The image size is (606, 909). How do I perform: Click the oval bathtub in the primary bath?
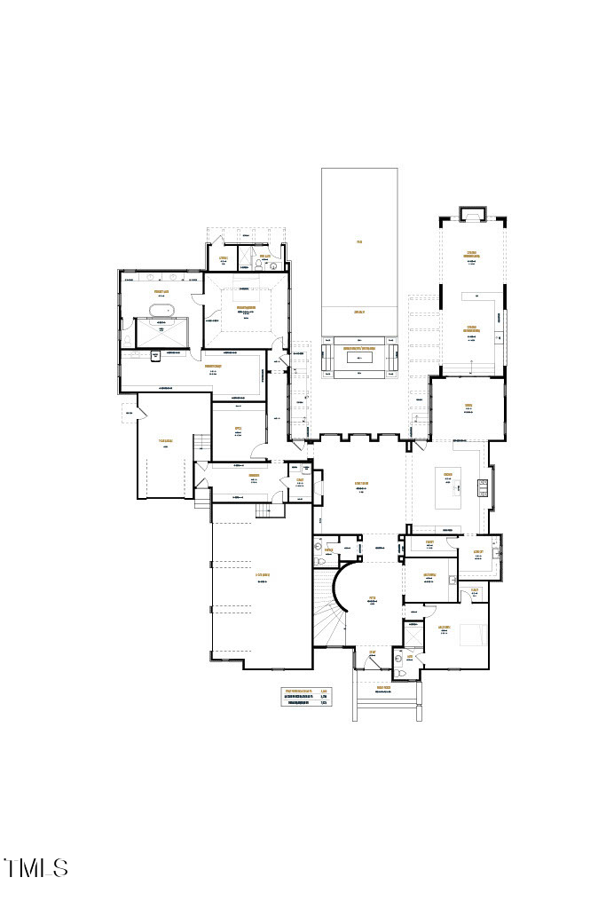(161, 309)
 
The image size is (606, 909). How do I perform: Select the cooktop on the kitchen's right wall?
(483, 486)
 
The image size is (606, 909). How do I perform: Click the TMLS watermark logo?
(36, 867)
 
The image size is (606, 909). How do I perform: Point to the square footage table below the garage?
(306, 696)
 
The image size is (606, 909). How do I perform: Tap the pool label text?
(359, 241)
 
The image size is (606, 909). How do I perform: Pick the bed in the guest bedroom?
(471, 635)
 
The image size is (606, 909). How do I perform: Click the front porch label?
(383, 688)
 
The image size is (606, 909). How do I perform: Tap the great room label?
(361, 484)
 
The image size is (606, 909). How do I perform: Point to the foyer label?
(374, 600)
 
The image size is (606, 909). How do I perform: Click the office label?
(238, 430)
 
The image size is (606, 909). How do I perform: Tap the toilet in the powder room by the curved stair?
(319, 551)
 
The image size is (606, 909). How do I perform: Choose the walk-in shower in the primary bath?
(161, 333)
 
